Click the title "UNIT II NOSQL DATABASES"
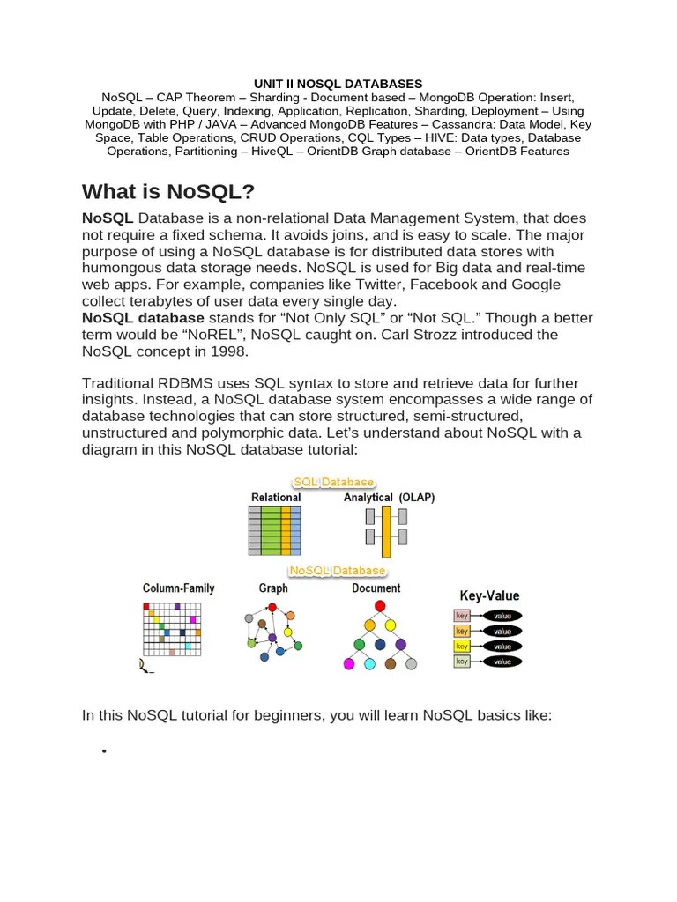(338, 84)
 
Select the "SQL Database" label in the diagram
(334, 482)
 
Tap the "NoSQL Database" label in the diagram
(337, 571)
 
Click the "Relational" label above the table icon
(276, 498)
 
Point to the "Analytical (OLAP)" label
(389, 498)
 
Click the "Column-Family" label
(179, 588)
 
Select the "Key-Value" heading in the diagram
(489, 595)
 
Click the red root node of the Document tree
(380, 606)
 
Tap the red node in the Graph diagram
(272, 608)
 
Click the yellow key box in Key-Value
(462, 646)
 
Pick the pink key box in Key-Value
(462, 616)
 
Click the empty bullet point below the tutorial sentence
(104, 750)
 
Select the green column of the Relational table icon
(271, 531)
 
